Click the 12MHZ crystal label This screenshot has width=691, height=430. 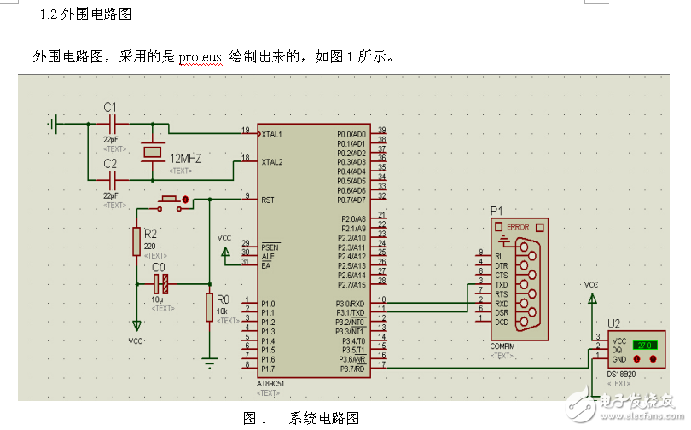pyautogui.click(x=187, y=159)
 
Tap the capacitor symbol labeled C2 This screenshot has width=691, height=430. pyautogui.click(x=111, y=179)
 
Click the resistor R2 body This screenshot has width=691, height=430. pyautogui.click(x=136, y=242)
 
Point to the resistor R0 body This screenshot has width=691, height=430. pyautogui.click(x=210, y=307)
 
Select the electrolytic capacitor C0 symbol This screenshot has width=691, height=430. pyautogui.click(x=160, y=283)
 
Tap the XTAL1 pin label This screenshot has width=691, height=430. pyautogui.click(x=272, y=134)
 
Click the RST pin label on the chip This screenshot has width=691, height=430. pyautogui.click(x=267, y=199)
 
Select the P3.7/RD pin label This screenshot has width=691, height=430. pyautogui.click(x=353, y=368)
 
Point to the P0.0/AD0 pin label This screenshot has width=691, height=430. pyautogui.click(x=351, y=134)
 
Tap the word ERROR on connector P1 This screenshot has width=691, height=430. pyautogui.click(x=518, y=227)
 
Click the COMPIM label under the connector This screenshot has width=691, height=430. pyautogui.click(x=502, y=346)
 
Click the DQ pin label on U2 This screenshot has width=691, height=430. pyautogui.click(x=617, y=350)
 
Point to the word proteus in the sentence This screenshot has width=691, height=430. pyautogui.click(x=200, y=57)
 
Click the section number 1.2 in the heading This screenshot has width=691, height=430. pyautogui.click(x=49, y=15)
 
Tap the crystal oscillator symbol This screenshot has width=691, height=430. pyautogui.click(x=152, y=151)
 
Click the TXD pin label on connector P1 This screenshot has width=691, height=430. pyautogui.click(x=501, y=284)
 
